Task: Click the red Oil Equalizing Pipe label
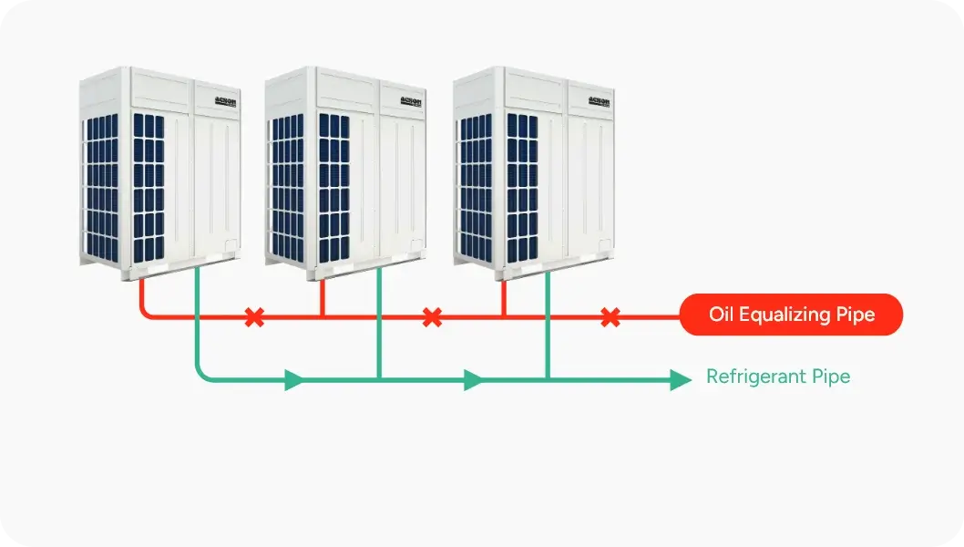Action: [x=791, y=315]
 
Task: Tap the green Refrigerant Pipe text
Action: [x=778, y=377]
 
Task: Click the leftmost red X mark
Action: [x=254, y=317]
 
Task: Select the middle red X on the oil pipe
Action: [x=433, y=317]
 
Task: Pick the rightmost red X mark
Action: [x=610, y=317]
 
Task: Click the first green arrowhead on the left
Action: [x=294, y=379]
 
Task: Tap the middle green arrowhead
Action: [x=473, y=379]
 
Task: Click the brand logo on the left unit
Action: [x=224, y=101]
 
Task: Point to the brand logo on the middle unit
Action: [x=412, y=101]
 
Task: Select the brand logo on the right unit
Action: [x=599, y=101]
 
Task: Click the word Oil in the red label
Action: [x=722, y=315]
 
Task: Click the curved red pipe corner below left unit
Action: [x=146, y=312]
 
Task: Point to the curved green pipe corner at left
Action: [x=201, y=373]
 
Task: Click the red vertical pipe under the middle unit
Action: [x=323, y=299]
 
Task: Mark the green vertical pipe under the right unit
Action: [x=548, y=328]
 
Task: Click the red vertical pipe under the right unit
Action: [x=504, y=299]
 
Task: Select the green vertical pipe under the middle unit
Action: [x=379, y=328]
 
